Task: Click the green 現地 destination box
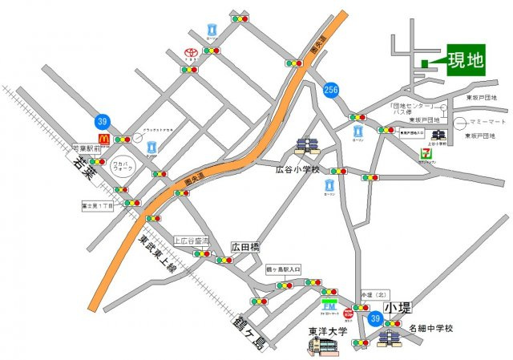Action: click(466, 59)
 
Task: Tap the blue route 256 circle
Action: click(331, 89)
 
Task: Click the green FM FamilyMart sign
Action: click(329, 306)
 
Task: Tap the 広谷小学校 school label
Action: click(297, 170)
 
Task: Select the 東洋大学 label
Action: click(326, 329)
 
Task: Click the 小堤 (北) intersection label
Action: click(374, 294)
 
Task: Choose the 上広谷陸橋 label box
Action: click(192, 241)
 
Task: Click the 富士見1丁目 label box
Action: click(99, 204)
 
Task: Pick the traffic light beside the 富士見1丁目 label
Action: click(130, 204)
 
